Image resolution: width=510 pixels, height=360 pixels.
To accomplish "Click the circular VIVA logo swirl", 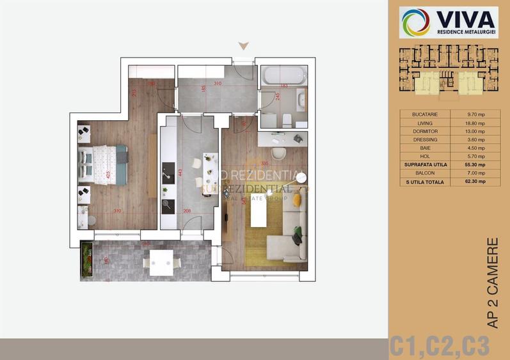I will [x=415, y=22].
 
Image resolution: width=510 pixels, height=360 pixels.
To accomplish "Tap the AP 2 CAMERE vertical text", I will [x=492, y=283].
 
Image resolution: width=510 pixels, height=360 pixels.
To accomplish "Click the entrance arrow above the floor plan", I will [x=243, y=45].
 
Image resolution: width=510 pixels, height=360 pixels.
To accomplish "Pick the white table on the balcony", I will [x=162, y=262].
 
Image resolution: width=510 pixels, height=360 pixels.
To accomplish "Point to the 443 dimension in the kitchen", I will [x=182, y=172].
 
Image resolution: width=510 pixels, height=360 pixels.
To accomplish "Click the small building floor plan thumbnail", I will [x=449, y=74].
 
